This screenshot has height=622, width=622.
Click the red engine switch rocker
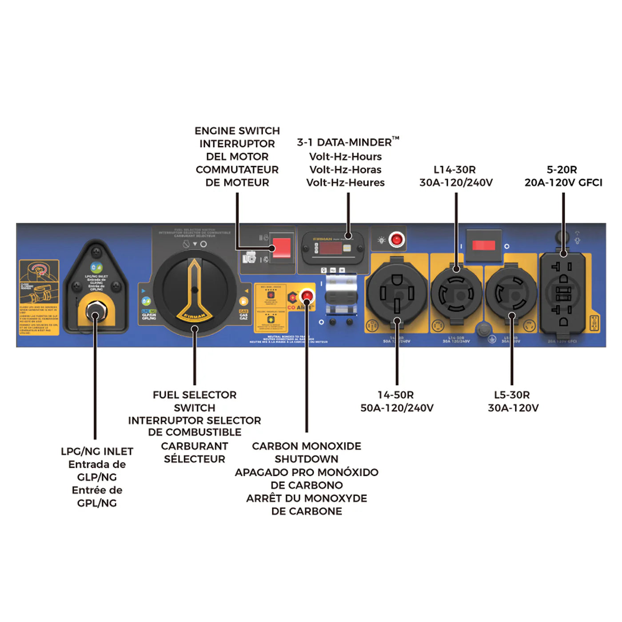(281, 247)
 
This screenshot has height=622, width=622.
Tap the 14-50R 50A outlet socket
(397, 293)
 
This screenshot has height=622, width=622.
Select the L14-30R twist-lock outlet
(456, 293)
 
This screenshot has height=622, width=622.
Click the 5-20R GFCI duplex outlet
(563, 293)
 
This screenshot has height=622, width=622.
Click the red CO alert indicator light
(307, 295)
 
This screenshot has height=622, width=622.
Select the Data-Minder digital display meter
(333, 247)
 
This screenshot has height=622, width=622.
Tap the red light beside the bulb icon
(396, 239)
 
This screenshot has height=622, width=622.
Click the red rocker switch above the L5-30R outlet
(483, 245)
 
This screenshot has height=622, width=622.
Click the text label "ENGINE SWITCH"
(237, 131)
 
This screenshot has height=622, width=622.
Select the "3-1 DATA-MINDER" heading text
(345, 143)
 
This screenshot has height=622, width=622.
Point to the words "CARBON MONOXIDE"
(306, 446)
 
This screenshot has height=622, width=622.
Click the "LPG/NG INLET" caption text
(97, 451)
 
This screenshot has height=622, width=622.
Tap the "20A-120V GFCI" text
(563, 183)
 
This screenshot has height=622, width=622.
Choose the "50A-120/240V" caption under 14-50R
(397, 408)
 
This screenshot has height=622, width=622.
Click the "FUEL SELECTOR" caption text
(195, 395)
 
